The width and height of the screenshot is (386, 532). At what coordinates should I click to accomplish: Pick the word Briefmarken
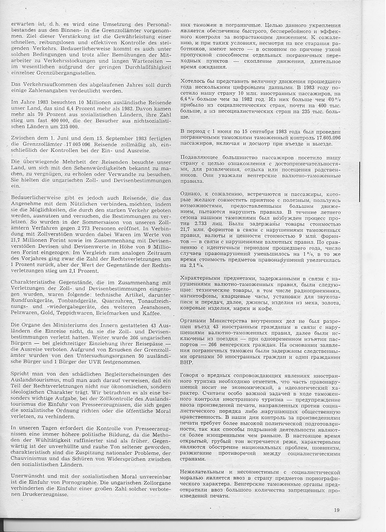click(119, 313)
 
